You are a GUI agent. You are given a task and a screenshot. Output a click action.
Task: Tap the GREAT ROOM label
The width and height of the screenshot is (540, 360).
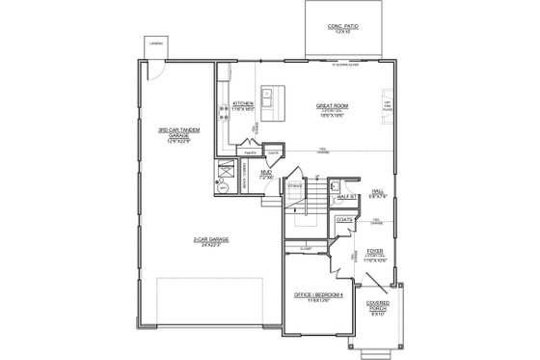point(332,106)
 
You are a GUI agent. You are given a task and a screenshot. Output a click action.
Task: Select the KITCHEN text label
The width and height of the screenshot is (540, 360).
point(242,103)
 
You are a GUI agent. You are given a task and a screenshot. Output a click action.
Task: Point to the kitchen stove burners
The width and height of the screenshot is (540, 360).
point(223,107)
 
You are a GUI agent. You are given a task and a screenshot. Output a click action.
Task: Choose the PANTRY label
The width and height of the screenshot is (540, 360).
point(249,152)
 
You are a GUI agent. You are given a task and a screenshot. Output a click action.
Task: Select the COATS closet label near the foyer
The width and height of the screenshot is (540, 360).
point(343,221)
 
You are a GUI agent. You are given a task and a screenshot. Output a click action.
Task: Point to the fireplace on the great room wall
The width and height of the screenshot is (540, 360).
point(388,106)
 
